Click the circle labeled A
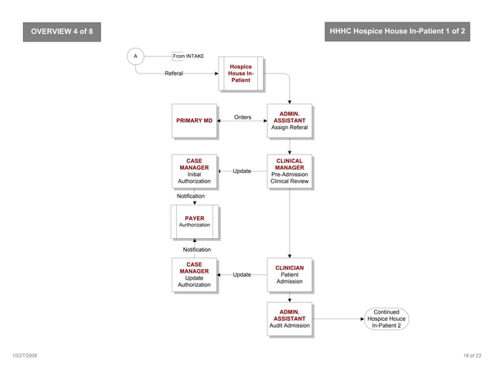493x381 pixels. click(135, 56)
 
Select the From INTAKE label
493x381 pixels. click(188, 56)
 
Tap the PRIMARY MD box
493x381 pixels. click(194, 121)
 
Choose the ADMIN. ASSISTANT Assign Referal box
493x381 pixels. click(289, 121)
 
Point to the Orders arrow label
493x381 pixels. click(243, 117)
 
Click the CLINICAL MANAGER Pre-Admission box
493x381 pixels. click(289, 172)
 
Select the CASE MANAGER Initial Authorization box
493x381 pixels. click(194, 172)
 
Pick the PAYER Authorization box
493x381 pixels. click(194, 222)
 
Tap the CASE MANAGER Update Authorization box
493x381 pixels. click(194, 274)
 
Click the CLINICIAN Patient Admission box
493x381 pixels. click(289, 274)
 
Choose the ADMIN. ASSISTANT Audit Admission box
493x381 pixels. click(289, 318)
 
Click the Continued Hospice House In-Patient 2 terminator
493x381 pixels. click(386, 318)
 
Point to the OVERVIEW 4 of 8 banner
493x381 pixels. click(61, 32)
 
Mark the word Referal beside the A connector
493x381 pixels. click(173, 73)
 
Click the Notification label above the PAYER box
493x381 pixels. click(191, 196)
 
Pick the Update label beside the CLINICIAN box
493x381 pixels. click(241, 274)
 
